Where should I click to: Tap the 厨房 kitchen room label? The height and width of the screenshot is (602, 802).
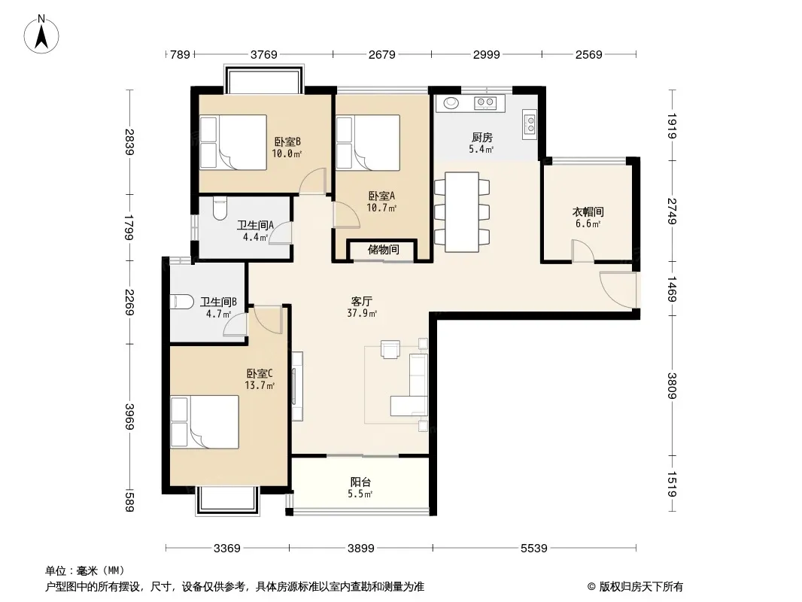tap(482, 137)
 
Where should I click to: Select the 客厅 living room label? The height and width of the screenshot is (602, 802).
tap(362, 301)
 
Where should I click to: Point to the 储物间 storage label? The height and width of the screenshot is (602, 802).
tap(383, 250)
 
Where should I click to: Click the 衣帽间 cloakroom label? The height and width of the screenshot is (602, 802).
tap(588, 211)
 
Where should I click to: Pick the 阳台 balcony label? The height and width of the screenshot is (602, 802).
tap(360, 482)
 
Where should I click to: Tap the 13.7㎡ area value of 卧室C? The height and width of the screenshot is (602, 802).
tap(260, 385)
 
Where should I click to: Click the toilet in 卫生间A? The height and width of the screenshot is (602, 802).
tap(220, 208)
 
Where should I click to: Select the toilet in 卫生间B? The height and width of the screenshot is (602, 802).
tap(181, 302)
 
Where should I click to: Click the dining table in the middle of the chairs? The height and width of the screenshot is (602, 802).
tap(462, 211)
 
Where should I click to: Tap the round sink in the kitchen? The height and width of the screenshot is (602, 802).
tap(451, 103)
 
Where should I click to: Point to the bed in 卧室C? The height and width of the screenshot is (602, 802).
tap(205, 422)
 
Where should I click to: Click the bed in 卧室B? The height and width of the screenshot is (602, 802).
tap(233, 142)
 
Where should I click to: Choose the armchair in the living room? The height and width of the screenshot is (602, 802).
tap(390, 349)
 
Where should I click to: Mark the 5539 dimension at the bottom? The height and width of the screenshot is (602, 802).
tap(534, 549)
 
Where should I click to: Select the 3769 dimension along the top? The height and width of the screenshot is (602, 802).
tap(264, 54)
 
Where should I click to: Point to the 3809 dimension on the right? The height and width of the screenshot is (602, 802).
tap(672, 385)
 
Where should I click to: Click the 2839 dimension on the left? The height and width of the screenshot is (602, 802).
tap(130, 142)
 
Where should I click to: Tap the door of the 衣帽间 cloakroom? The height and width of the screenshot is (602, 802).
tap(582, 251)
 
